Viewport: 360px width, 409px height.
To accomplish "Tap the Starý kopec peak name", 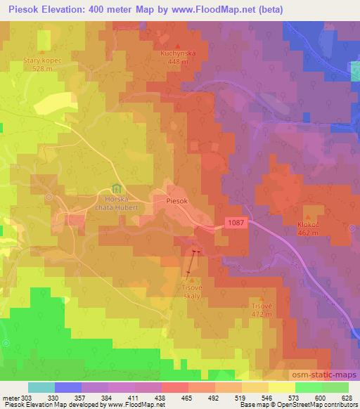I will point(44,61).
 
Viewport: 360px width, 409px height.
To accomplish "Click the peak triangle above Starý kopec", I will point(44,53).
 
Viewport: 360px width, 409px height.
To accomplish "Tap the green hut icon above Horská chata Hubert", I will point(116,189).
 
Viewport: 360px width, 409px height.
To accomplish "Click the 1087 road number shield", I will point(237,222).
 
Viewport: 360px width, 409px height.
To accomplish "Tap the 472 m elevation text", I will point(262,315).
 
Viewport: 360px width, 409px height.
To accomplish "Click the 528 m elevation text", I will point(44,70).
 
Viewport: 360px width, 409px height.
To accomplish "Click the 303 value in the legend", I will point(22,397).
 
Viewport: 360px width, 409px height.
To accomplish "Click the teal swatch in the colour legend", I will point(41,387).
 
